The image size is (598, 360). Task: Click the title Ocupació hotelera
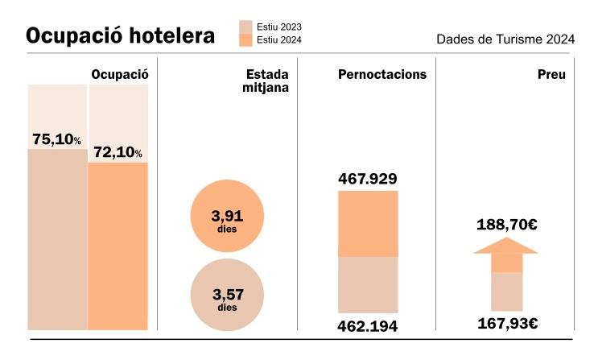pyautogui.click(x=121, y=36)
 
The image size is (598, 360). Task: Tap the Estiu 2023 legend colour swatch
pyautogui.click(x=245, y=26)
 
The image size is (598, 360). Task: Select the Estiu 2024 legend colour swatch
pyautogui.click(x=245, y=39)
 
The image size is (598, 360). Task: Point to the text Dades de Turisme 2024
pyautogui.click(x=505, y=39)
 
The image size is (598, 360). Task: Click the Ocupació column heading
pyautogui.click(x=120, y=74)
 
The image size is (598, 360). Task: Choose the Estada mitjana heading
pyautogui.click(x=266, y=81)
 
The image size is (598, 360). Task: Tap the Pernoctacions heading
pyautogui.click(x=382, y=74)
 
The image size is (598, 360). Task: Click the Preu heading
pyautogui.click(x=551, y=74)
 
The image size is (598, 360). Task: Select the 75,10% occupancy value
pyautogui.click(x=56, y=139)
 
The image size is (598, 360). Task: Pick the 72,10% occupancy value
pyautogui.click(x=118, y=152)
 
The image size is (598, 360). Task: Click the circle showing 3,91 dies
pyautogui.click(x=227, y=218)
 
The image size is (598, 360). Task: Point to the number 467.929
pyautogui.click(x=368, y=178)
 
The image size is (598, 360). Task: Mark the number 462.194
pyautogui.click(x=368, y=327)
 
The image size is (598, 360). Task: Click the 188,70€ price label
pyautogui.click(x=505, y=224)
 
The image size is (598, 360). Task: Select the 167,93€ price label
pyautogui.click(x=505, y=325)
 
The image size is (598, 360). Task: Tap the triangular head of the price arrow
pyautogui.click(x=505, y=246)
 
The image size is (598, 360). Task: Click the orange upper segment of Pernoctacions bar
pyautogui.click(x=368, y=223)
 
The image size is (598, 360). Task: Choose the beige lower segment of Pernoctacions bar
pyautogui.click(x=368, y=284)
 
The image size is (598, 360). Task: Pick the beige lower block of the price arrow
pyautogui.click(x=507, y=291)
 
